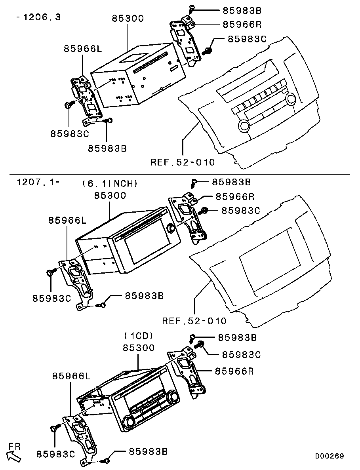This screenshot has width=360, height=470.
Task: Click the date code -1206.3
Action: click(39, 17)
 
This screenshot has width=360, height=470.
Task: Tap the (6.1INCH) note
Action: click(110, 183)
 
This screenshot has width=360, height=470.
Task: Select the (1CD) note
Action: click(139, 336)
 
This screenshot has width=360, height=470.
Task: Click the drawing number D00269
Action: click(330, 456)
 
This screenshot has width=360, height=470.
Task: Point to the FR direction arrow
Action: click(14, 457)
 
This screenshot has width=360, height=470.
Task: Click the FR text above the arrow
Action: click(14, 446)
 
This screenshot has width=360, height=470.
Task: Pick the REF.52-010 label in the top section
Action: click(183, 162)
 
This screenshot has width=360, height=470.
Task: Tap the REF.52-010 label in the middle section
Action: click(194, 321)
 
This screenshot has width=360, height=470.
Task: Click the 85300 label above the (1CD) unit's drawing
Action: click(139, 348)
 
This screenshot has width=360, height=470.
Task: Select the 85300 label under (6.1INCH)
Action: click(110, 196)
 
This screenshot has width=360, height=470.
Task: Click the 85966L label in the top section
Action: click(83, 49)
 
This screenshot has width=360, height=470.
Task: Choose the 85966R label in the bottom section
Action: click(234, 371)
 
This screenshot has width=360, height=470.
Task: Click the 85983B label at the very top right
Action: click(242, 10)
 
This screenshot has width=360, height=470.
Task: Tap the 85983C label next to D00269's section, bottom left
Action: click(55, 454)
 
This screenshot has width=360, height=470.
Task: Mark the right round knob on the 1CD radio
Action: click(173, 397)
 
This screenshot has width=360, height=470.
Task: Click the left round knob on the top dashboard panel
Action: click(244, 126)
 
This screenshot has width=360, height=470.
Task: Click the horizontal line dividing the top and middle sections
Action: click(180, 174)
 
